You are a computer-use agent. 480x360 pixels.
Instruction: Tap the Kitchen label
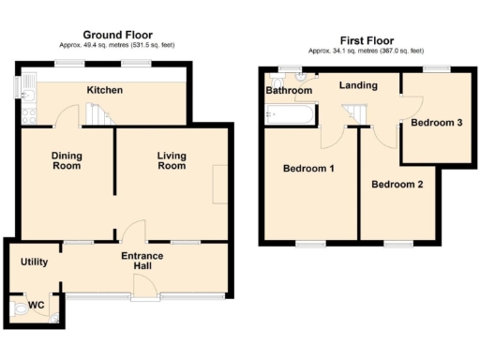(x=106, y=91)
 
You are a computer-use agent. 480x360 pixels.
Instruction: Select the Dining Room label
(x=66, y=160)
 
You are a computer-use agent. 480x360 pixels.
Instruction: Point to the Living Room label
(x=171, y=160)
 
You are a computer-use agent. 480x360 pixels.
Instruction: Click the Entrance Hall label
(x=142, y=262)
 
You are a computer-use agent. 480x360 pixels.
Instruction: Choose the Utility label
(x=34, y=262)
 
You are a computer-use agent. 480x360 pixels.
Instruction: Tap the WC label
(x=37, y=305)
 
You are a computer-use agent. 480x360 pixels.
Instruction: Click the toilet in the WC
(x=19, y=309)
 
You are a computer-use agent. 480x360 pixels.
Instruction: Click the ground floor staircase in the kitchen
(x=97, y=114)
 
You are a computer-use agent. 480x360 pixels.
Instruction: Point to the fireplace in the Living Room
(x=218, y=184)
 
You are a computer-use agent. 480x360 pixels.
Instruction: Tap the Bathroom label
(x=288, y=92)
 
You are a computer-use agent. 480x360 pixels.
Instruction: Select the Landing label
(x=358, y=86)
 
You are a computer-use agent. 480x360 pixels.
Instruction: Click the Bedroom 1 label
(x=308, y=169)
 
